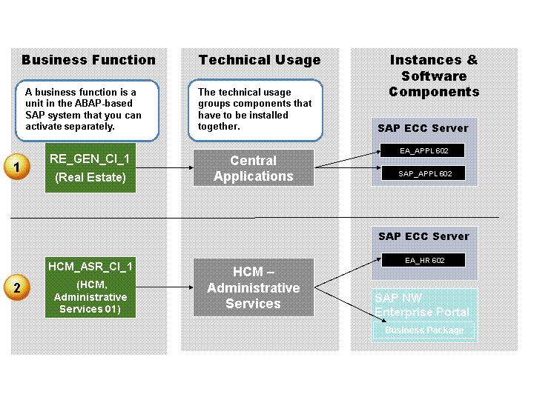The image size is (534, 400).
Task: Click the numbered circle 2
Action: [16, 287]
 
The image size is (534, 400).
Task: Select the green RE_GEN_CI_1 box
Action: [90, 167]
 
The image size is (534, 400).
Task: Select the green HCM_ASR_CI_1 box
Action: [90, 287]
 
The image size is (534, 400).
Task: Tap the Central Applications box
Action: [253, 168]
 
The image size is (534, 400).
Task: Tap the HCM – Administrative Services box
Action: [253, 287]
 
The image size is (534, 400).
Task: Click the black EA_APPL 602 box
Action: [423, 151]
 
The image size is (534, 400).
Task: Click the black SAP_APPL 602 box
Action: [423, 173]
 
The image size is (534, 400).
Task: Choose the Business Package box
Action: [424, 330]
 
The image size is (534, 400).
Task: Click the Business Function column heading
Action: [89, 60]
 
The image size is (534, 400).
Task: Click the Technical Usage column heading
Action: [260, 60]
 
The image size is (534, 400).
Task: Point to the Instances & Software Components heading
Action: [434, 76]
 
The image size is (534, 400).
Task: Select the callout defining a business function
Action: [87, 110]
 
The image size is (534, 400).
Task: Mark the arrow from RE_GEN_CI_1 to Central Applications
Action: [164, 168]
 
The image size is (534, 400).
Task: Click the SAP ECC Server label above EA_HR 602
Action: [423, 236]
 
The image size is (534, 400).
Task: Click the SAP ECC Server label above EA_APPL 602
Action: [423, 128]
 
